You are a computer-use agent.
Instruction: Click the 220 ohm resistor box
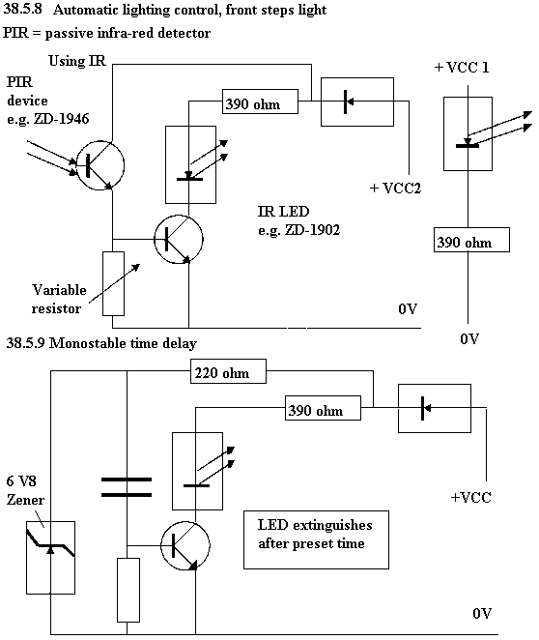pos(228,371)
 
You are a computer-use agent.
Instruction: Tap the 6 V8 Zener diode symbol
pos(50,557)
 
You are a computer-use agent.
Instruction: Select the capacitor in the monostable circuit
pos(127,487)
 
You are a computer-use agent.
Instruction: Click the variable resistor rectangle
pos(113,283)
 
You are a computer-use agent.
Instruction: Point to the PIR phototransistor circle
pos(100,141)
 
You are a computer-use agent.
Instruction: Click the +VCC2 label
pos(395,189)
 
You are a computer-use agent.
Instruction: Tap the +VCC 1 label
pos(462,68)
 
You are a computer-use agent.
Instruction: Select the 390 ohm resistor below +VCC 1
pos(471,240)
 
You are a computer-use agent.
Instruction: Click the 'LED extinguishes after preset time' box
pos(316,511)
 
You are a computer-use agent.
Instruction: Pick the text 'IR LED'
pos(283,212)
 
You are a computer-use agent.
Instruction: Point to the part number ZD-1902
pos(312,230)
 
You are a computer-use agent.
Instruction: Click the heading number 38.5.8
pos(22,10)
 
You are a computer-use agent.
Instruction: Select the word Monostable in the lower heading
pos(87,343)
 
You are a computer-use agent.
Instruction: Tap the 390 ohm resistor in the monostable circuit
pos(323,408)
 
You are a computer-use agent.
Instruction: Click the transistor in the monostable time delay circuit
pos(185,521)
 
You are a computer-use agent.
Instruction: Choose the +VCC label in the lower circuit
pos(471,498)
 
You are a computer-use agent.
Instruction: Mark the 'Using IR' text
pos(77,61)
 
